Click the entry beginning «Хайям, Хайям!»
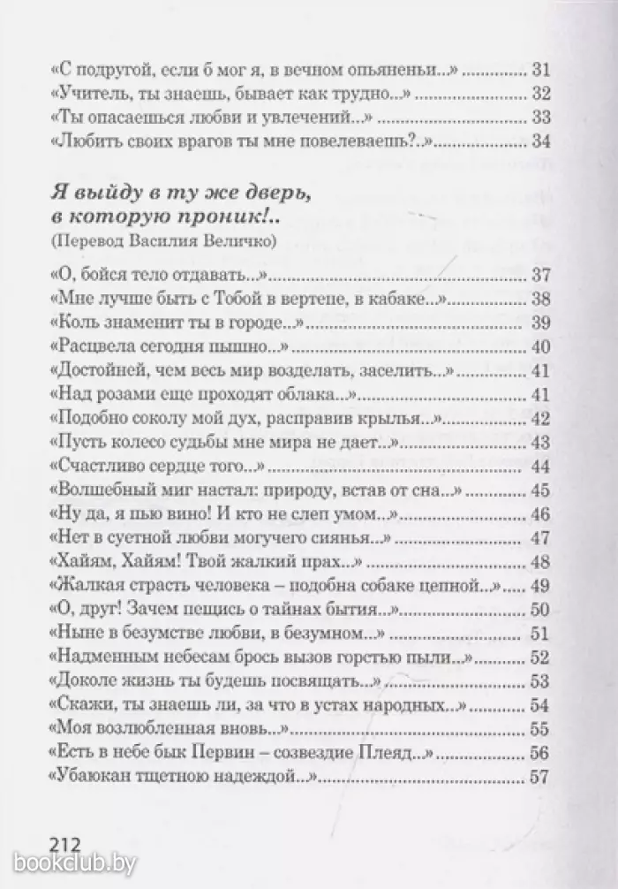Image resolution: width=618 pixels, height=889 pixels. [x=208, y=562]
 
